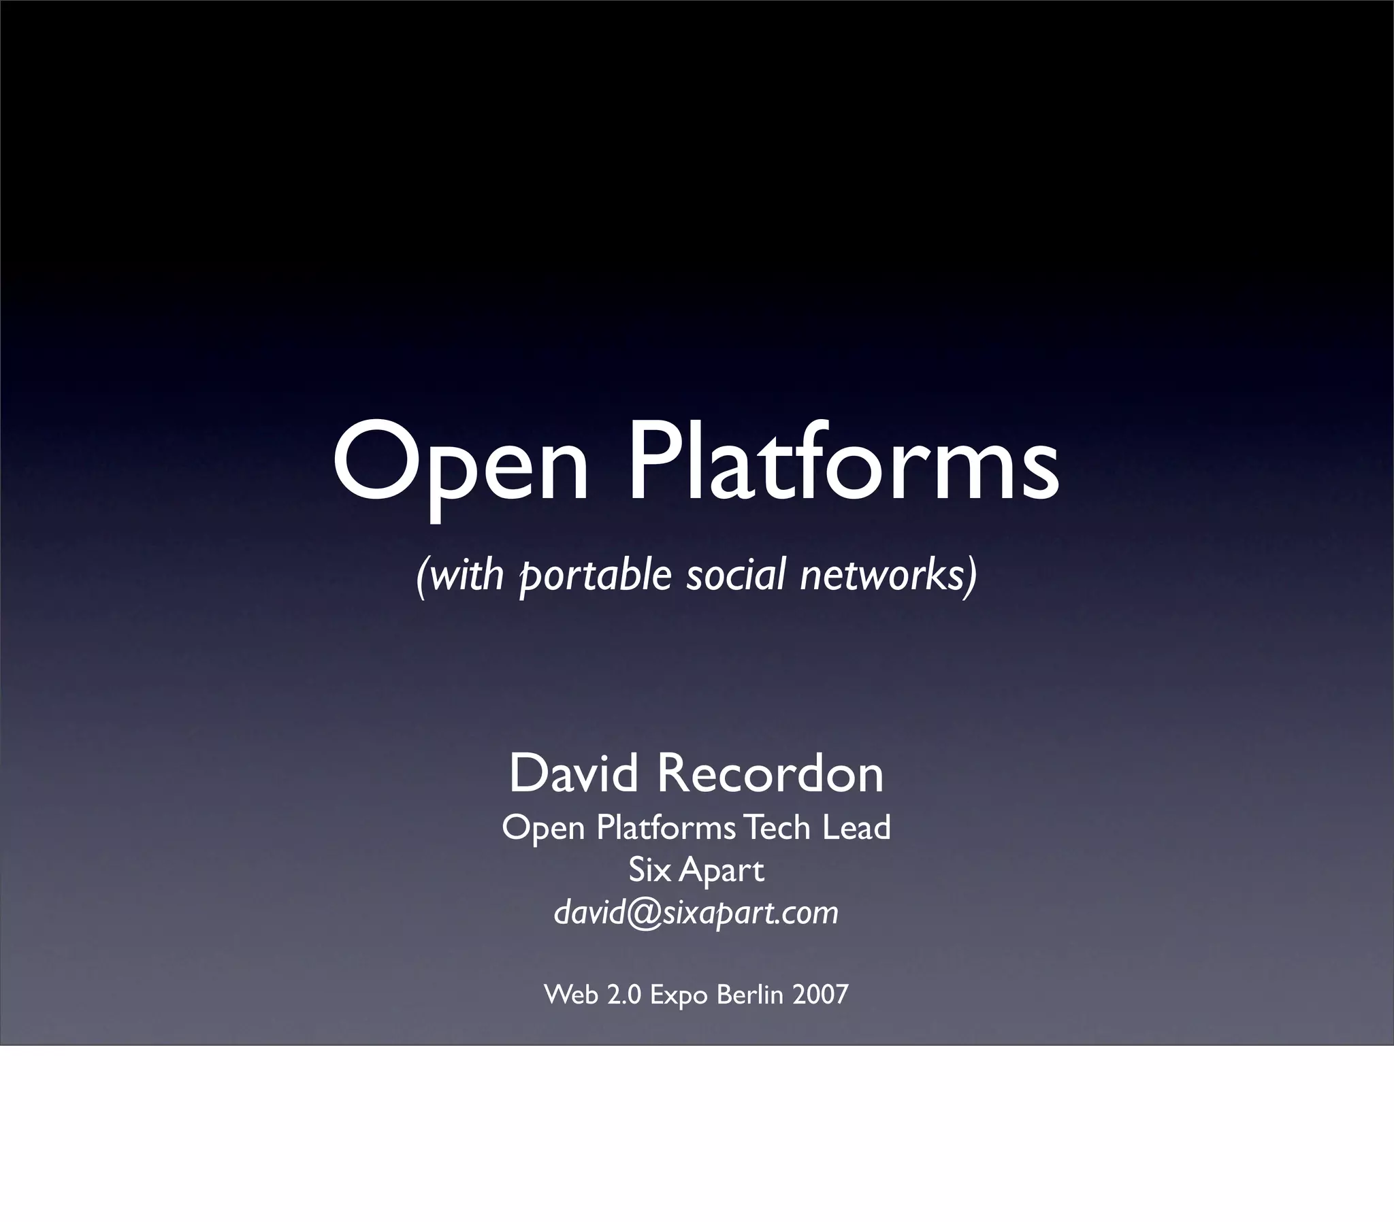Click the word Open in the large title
460,464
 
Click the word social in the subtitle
736,574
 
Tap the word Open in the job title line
544,829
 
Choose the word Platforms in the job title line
666,828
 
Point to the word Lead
856,828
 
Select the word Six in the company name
649,870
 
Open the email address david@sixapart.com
696,912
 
